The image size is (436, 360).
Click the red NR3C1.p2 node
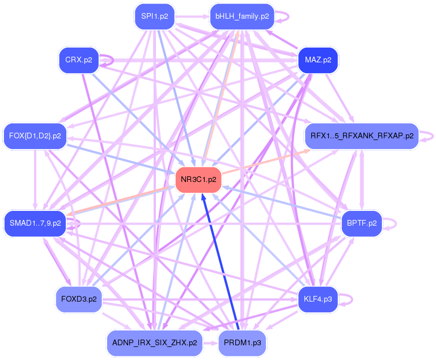pyautogui.click(x=198, y=180)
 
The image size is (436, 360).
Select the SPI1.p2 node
pyautogui.click(x=155, y=16)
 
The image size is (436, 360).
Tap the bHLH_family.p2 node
pyautogui.click(x=242, y=16)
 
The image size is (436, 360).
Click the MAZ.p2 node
pyautogui.click(x=318, y=60)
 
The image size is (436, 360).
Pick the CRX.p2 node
pyautogui.click(x=79, y=60)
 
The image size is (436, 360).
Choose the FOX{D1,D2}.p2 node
pyautogui.click(x=35, y=135)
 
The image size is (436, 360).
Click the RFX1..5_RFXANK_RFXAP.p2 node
pyautogui.click(x=361, y=136)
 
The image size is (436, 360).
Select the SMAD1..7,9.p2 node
pyautogui.click(x=35, y=223)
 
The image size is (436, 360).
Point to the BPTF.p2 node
pyautogui.click(x=362, y=223)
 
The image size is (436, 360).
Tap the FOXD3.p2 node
pyautogui.click(x=79, y=299)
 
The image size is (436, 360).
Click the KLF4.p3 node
pyautogui.click(x=318, y=299)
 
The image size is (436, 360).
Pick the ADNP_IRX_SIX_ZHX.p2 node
pyautogui.click(x=154, y=343)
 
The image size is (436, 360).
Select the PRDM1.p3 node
pyautogui.click(x=242, y=343)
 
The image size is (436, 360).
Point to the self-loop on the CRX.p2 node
pyautogui.click(x=109, y=60)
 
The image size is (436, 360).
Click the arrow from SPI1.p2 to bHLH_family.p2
pyautogui.click(x=193, y=16)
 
